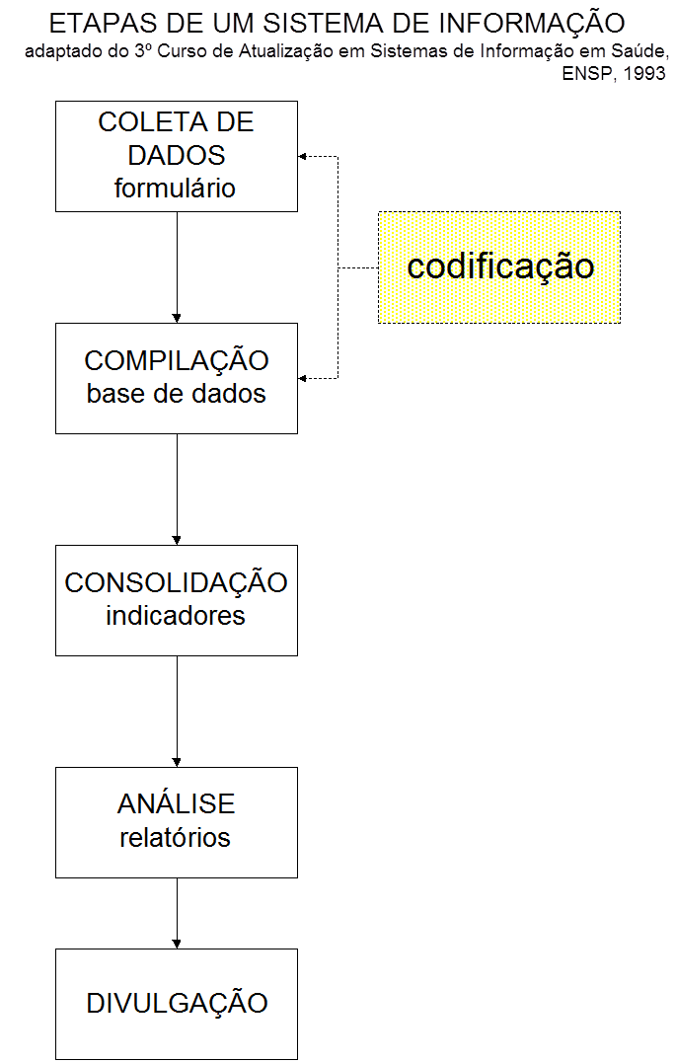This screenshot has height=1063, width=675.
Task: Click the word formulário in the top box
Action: tap(176, 188)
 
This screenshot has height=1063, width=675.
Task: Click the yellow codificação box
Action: tap(499, 266)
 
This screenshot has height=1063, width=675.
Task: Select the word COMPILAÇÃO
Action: tap(176, 360)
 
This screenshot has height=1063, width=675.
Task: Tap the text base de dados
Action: tap(176, 393)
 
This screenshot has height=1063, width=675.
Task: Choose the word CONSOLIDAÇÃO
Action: tap(176, 582)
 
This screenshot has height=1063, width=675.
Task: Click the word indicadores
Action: tap(176, 615)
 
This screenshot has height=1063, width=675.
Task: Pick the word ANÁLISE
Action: tap(176, 804)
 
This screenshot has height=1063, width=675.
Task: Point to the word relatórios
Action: tap(176, 838)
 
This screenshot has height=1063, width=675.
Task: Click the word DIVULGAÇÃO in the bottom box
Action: tap(177, 1004)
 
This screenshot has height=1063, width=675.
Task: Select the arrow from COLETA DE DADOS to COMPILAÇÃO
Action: tap(177, 266)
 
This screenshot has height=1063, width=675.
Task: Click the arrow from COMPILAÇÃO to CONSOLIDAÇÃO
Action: tap(177, 489)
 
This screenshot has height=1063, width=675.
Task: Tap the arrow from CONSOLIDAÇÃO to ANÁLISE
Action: tap(177, 711)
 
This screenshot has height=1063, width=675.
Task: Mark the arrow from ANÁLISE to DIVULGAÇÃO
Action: tap(177, 913)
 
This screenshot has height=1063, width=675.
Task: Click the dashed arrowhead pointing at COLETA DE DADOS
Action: tap(304, 156)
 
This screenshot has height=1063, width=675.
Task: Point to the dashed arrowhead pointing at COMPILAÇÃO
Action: tap(304, 378)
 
